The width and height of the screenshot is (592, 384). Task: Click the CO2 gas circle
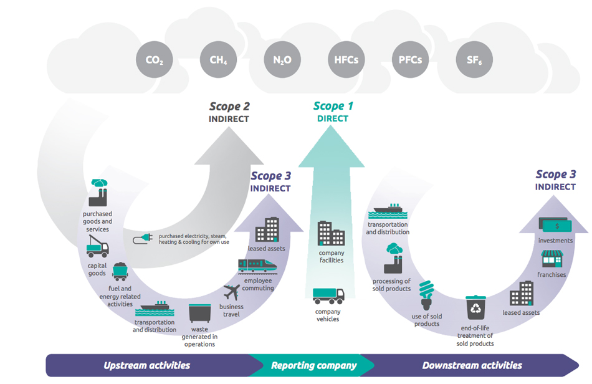pyautogui.click(x=154, y=60)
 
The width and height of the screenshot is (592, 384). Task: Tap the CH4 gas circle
pyautogui.click(x=218, y=60)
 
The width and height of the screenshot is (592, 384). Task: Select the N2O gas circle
pyautogui.click(x=282, y=60)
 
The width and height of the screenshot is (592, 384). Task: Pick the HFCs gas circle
pyautogui.click(x=346, y=60)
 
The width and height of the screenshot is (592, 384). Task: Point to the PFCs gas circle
pyautogui.click(x=410, y=60)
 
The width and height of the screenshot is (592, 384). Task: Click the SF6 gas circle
pyautogui.click(x=474, y=60)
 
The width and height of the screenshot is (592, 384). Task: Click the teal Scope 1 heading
pyautogui.click(x=333, y=106)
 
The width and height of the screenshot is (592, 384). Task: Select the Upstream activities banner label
pyautogui.click(x=147, y=365)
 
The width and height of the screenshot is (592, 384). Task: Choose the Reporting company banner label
pyautogui.click(x=313, y=365)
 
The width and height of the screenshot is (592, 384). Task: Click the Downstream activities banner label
pyautogui.click(x=472, y=365)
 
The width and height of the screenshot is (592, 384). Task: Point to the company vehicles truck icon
pyautogui.click(x=328, y=295)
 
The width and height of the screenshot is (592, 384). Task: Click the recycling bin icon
pyautogui.click(x=476, y=307)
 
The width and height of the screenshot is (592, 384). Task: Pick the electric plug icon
pyautogui.click(x=143, y=239)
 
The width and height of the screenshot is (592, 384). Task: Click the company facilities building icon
pyautogui.click(x=331, y=234)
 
